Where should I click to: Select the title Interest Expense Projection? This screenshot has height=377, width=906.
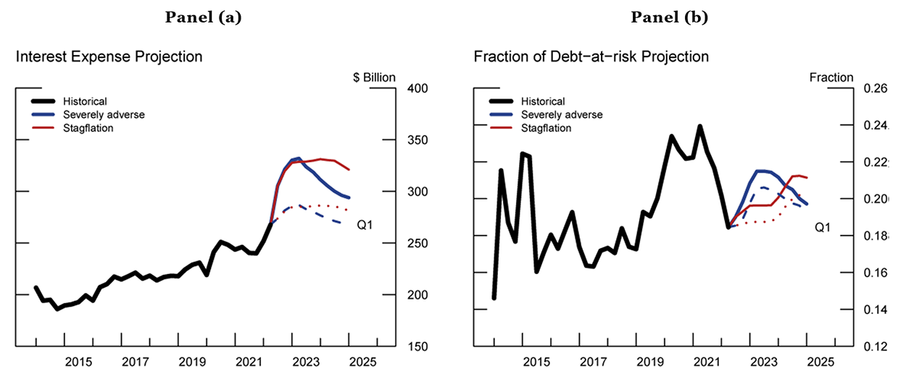click(x=109, y=57)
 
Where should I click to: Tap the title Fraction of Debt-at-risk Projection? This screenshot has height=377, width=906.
click(x=591, y=57)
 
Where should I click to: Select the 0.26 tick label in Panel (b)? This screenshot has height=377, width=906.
click(x=875, y=88)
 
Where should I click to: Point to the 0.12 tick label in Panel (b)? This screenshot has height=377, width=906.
click(x=875, y=347)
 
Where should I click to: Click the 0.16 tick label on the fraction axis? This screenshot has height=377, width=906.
click(x=875, y=273)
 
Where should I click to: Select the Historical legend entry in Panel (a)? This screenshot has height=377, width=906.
click(x=85, y=101)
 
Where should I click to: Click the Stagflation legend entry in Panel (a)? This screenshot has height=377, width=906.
click(x=88, y=128)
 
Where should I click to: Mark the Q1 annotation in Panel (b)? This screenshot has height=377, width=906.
click(x=822, y=228)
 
